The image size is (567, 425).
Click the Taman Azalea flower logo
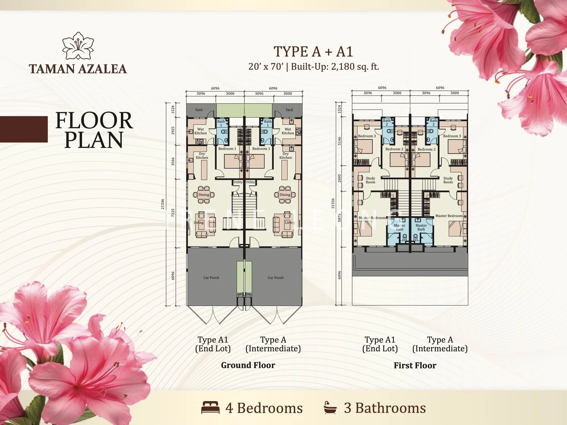coord(78,46)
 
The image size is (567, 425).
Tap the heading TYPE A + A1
coord(313,51)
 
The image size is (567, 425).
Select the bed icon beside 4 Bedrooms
coord(210,408)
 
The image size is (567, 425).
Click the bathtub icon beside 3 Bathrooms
coord(330,408)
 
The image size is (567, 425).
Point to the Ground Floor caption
coord(248,365)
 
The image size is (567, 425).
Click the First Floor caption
coord(415,366)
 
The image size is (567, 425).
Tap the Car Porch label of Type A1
coord(211,278)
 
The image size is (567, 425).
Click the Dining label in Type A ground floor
coord(285,195)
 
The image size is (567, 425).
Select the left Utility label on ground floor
coord(238,182)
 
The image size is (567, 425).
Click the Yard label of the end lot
coord(199,110)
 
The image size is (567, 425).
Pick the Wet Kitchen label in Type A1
coord(200,131)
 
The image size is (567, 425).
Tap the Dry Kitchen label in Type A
coord(285,156)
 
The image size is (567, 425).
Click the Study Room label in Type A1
coord(370,180)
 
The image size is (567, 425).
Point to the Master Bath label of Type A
coord(421,227)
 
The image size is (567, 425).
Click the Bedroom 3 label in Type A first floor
coord(452,136)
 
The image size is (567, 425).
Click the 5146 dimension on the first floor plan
coord(340,141)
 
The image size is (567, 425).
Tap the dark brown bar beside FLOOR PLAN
coord(24,129)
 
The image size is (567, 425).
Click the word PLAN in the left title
coord(94,140)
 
